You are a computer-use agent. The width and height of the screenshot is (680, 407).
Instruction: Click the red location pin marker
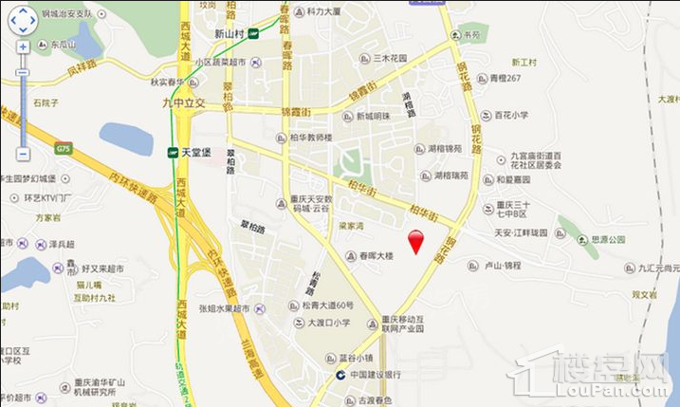tap(414, 241)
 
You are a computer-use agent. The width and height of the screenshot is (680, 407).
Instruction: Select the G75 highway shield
tap(64, 148)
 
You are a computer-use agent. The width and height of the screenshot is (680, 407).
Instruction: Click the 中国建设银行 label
tap(373, 375)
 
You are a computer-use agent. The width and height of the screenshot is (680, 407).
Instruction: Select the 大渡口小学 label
tap(329, 323)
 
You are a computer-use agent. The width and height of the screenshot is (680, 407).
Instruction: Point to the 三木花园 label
tap(389, 58)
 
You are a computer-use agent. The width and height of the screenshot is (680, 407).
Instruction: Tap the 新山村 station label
tap(230, 34)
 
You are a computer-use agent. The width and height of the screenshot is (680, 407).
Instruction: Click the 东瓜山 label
tap(64, 44)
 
